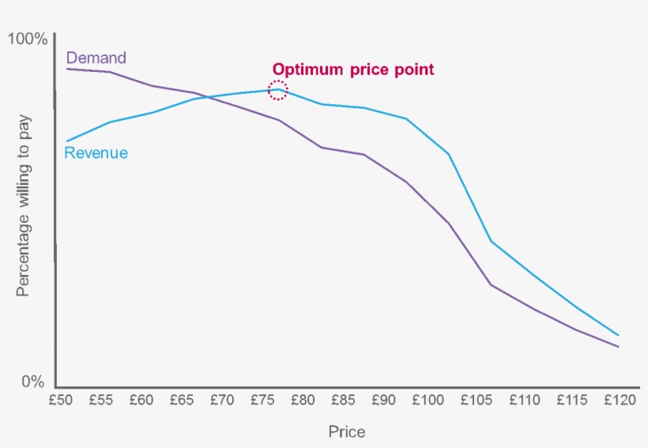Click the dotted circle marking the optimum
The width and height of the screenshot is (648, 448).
(x=277, y=89)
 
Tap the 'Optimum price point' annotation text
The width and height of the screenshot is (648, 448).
(x=353, y=70)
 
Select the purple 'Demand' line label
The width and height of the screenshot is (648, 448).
(x=96, y=58)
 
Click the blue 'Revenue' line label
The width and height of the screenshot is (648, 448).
(x=96, y=153)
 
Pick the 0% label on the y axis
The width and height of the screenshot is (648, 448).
(x=32, y=382)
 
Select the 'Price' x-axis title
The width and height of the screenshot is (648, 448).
(x=346, y=431)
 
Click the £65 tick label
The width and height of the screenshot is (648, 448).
(x=182, y=401)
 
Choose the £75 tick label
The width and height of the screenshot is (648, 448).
(x=262, y=401)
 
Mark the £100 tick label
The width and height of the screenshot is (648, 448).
(x=427, y=401)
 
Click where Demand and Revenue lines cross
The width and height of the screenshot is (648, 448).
(x=207, y=97)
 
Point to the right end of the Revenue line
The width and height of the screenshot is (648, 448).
(x=618, y=335)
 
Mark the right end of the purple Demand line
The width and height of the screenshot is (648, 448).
(x=618, y=347)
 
